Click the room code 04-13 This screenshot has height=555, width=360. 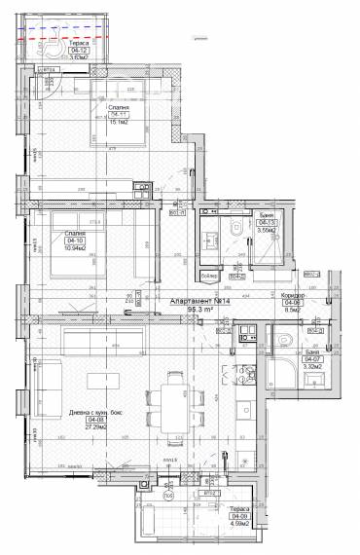(x=266, y=222)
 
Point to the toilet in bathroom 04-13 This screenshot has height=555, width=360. (x=236, y=226)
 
